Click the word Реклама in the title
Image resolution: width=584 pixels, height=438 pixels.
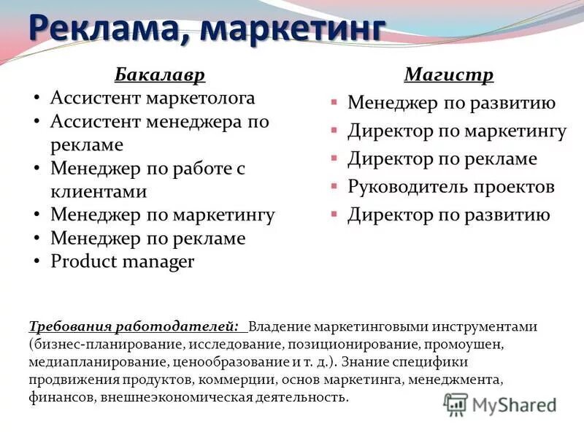point(107,30)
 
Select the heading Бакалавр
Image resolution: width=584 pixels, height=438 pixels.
point(159,74)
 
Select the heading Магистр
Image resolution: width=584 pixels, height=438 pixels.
point(448,74)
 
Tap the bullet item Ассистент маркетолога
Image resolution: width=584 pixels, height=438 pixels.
point(153,98)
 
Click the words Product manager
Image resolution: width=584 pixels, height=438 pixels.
point(122,262)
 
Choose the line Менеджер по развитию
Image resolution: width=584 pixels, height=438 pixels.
point(451,103)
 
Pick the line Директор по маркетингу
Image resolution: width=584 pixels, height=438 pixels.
point(456,131)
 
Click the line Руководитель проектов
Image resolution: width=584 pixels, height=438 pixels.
point(450,187)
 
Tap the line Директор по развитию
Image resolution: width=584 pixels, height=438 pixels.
point(448,215)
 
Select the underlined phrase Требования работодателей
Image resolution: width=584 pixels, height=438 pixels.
point(133,326)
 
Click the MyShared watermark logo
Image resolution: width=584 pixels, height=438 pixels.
point(501,404)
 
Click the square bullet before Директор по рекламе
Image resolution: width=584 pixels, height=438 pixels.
point(333,158)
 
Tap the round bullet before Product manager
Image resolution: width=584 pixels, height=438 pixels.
point(37,262)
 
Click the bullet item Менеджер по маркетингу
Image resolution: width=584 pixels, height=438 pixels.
point(162,215)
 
